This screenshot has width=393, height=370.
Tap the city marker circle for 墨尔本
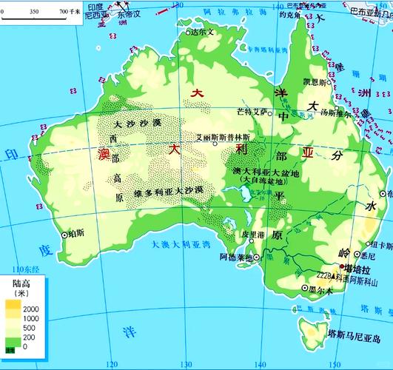(x=304, y=289)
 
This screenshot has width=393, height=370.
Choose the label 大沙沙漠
(x=134, y=124)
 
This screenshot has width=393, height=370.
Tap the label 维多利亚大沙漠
(x=168, y=192)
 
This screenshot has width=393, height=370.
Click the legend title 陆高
(x=21, y=283)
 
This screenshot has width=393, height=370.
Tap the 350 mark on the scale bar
(x=35, y=13)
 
